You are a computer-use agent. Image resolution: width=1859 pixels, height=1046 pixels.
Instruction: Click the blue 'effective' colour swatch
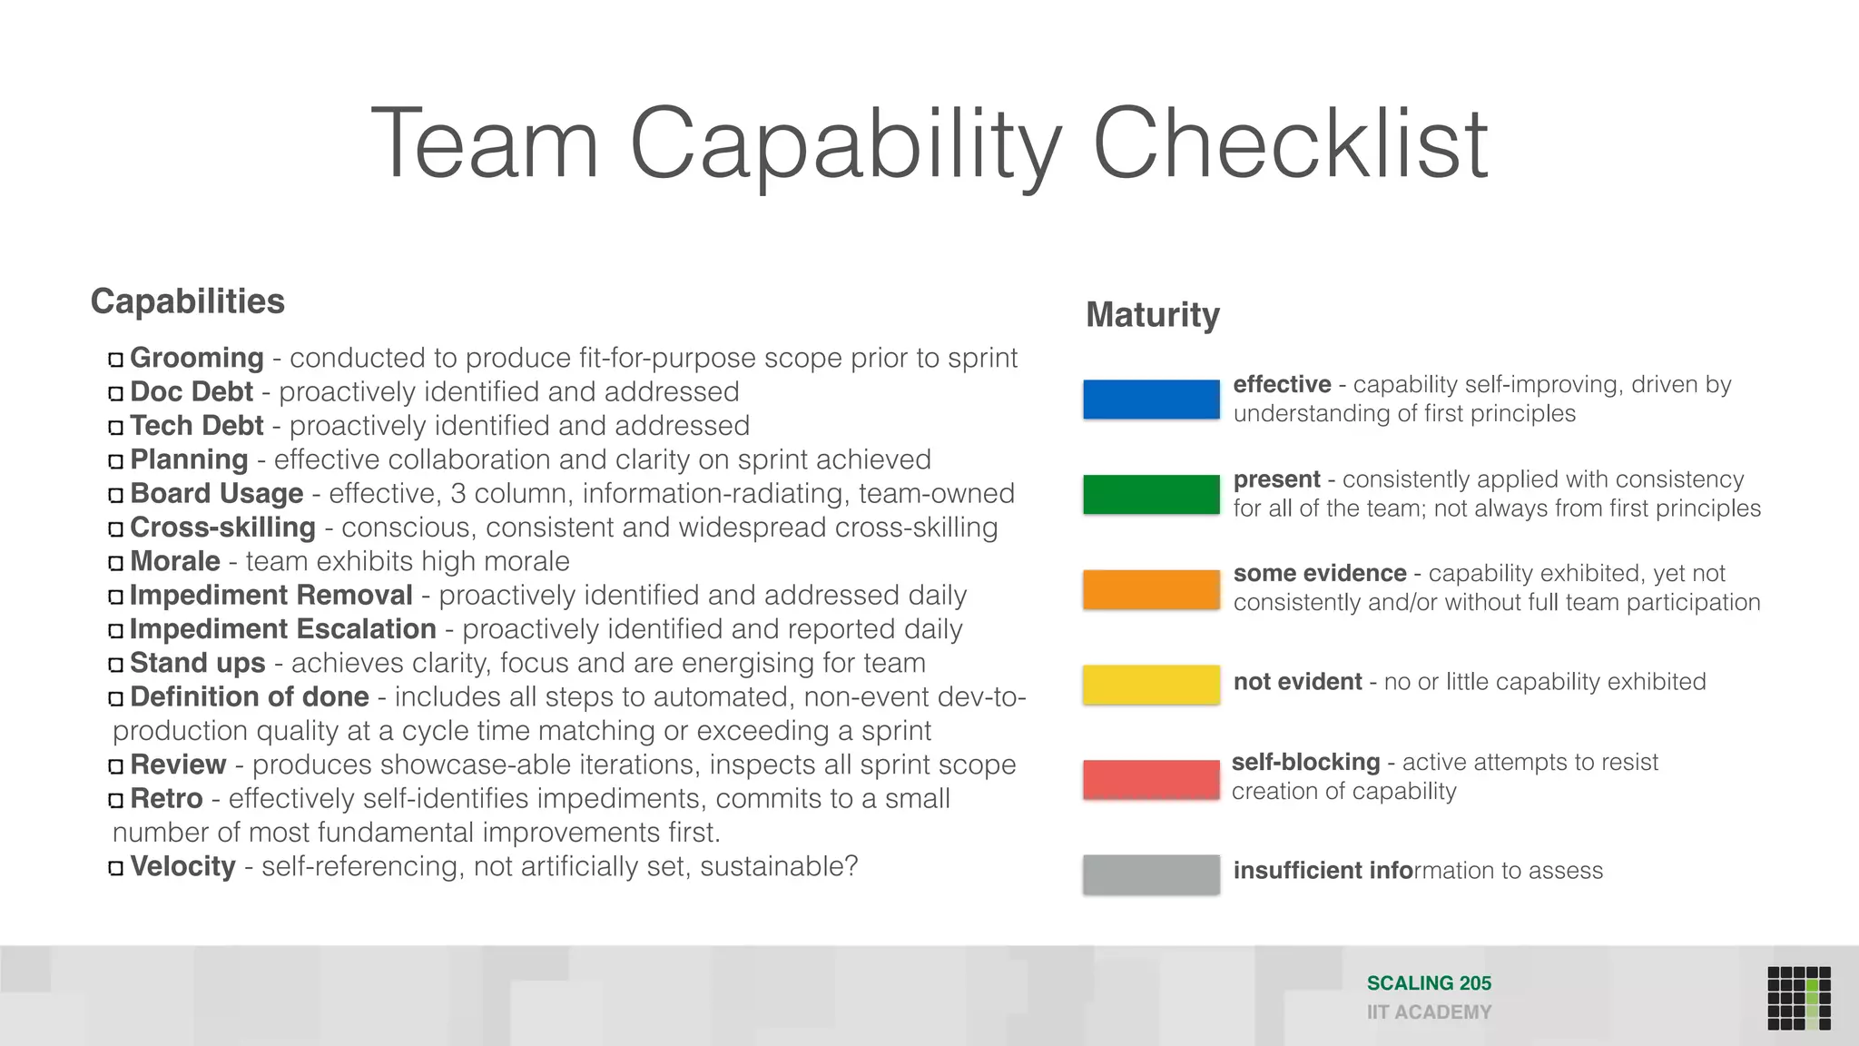[x=1151, y=400]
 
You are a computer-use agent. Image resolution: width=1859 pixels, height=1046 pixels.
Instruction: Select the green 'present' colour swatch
[x=1151, y=495]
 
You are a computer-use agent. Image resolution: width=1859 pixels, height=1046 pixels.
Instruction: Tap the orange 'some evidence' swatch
[x=1151, y=590]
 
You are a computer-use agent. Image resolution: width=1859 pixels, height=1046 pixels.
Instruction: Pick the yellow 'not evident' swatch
[x=1151, y=685]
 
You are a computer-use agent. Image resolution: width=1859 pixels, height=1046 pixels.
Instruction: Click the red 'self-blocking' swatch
[x=1151, y=779]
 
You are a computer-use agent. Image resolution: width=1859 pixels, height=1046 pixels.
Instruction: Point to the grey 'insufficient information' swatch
[x=1151, y=874]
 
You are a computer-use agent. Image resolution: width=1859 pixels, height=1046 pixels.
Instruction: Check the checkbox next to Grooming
[x=115, y=360]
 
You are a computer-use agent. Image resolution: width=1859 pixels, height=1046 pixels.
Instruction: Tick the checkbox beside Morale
[x=115, y=563]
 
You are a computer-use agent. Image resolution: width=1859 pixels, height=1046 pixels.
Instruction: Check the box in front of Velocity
[x=115, y=868]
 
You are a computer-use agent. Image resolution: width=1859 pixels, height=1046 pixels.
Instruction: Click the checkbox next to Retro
[x=115, y=800]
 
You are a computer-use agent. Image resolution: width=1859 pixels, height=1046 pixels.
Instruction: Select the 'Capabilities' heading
[x=187, y=301]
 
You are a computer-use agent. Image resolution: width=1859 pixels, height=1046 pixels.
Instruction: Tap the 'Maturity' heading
[x=1153, y=315]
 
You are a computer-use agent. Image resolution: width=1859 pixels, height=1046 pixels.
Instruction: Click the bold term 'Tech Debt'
[x=196, y=426]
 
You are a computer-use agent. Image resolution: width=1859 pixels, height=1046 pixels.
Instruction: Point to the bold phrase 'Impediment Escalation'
[x=282, y=629]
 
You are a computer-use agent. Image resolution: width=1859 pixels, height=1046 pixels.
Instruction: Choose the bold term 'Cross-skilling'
[x=222, y=528]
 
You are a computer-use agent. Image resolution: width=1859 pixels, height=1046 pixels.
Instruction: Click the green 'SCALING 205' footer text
[x=1429, y=983]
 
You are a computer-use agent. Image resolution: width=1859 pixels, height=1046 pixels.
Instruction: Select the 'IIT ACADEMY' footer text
[x=1429, y=1012]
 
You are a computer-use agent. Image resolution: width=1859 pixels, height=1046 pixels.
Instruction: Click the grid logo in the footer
[x=1798, y=998]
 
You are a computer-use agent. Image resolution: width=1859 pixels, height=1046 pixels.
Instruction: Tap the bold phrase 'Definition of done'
[x=250, y=697]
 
